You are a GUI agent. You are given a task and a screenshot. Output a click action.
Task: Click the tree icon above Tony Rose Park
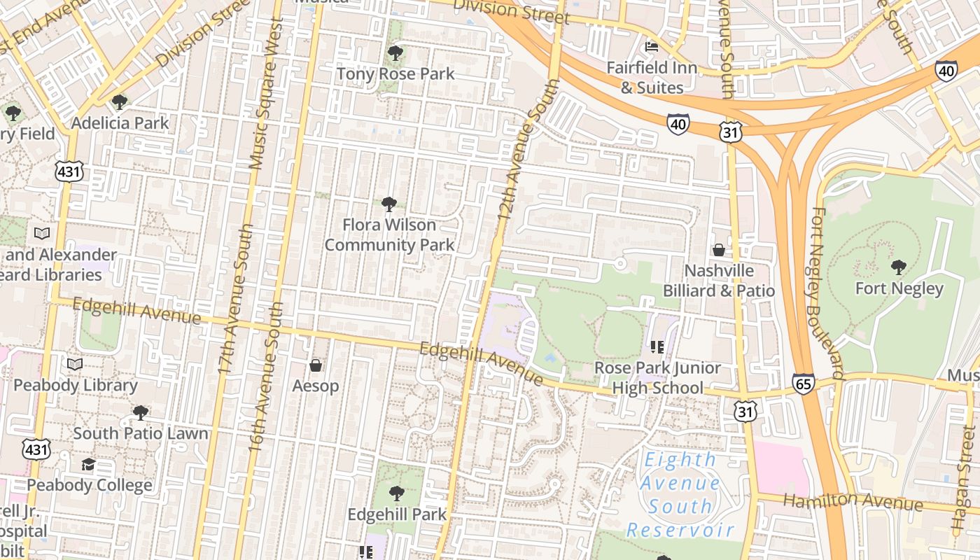click(395, 52)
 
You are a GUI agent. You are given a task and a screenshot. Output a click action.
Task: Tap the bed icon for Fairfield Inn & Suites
click(652, 48)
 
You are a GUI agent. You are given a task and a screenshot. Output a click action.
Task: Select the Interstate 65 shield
click(803, 384)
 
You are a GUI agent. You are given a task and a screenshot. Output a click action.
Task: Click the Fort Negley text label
click(899, 288)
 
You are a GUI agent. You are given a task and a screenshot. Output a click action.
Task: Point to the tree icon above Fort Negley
click(899, 267)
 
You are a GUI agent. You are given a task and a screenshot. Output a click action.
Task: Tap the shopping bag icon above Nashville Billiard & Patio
click(718, 250)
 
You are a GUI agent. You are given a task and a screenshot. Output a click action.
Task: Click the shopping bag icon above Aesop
click(316, 365)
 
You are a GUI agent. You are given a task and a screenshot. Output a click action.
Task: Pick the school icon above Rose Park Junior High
click(657, 346)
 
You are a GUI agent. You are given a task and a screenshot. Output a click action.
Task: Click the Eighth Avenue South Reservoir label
click(680, 495)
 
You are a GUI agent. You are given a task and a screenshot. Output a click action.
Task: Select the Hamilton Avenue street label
click(853, 501)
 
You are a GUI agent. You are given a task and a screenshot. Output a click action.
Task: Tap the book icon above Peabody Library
click(75, 364)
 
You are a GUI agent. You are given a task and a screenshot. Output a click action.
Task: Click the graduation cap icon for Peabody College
click(88, 465)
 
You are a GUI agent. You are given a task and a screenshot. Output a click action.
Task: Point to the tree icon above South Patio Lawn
click(141, 412)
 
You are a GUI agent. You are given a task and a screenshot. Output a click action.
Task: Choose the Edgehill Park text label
click(397, 514)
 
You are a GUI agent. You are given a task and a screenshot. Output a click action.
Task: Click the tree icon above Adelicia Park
click(120, 102)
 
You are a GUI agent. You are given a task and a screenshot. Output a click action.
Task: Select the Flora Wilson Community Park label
click(389, 234)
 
